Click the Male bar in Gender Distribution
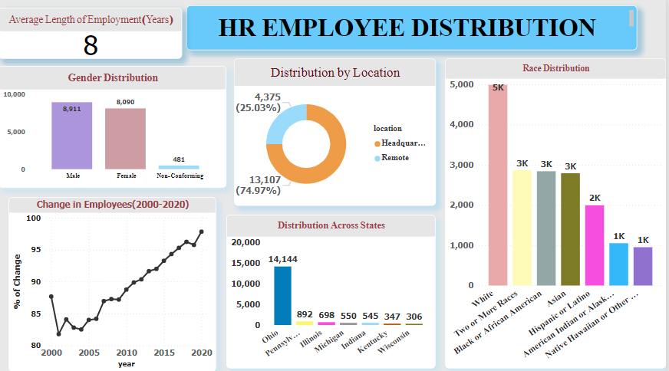tap(72, 136)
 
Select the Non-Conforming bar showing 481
tap(179, 167)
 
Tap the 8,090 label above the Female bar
tap(125, 102)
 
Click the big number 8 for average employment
tap(91, 45)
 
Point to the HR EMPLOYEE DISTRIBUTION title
tap(407, 28)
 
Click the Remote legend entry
tap(395, 158)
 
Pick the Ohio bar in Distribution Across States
tap(282, 295)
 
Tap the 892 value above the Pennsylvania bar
tap(305, 315)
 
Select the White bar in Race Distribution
tap(499, 184)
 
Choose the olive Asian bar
tap(570, 228)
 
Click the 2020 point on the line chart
tap(202, 231)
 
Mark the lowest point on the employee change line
tap(58, 334)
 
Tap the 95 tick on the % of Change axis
tap(33, 250)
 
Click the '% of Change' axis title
tap(17, 281)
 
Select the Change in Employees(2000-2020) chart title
tap(113, 205)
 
